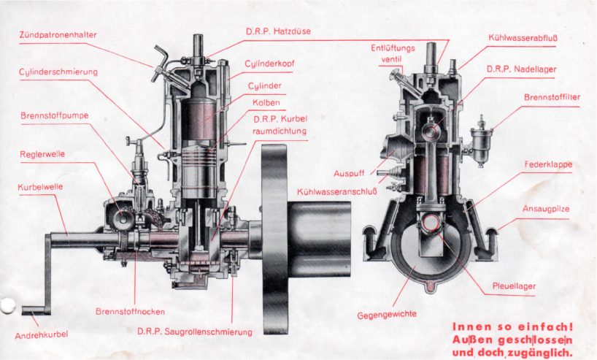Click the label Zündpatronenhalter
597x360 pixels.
58,35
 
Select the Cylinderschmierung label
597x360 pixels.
58,72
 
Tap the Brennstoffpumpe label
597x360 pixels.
51,115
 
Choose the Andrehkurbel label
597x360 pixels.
42,335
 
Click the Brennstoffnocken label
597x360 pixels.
130,312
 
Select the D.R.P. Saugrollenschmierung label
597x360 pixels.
195,332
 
